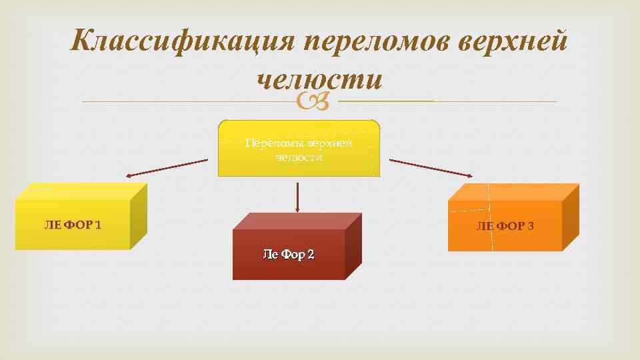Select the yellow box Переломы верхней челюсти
299,149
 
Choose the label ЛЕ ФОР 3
505,226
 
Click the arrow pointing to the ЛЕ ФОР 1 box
167,167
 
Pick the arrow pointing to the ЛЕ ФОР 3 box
431,168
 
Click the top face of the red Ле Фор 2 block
297,221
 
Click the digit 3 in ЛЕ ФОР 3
530,226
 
